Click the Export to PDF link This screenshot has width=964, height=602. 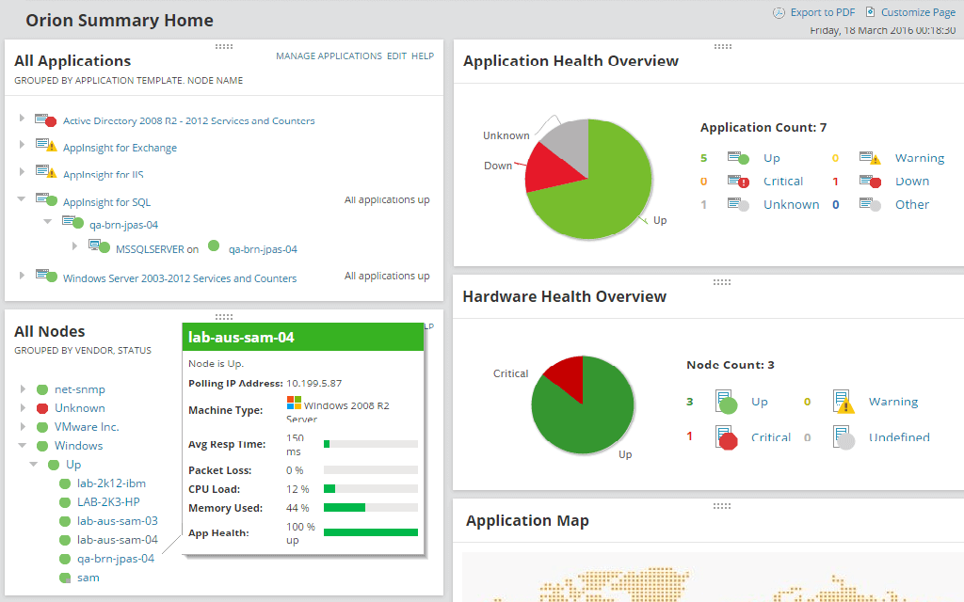coord(822,12)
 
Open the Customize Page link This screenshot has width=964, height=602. coord(917,12)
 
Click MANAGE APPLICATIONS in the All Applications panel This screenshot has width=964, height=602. coord(329,56)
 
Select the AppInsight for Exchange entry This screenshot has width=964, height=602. coord(120,148)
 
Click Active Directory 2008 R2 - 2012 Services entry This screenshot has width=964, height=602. coord(188,120)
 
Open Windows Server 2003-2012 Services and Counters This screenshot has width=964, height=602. coord(179,278)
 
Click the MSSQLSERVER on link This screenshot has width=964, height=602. coord(156,249)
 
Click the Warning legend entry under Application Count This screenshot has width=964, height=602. coord(919,158)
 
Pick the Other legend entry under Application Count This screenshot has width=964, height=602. coord(911,204)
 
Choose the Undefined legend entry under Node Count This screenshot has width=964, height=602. coord(898,437)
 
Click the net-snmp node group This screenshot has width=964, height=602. coord(79,389)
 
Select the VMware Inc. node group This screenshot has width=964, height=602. coord(87,427)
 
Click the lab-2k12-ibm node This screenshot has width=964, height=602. coord(111,483)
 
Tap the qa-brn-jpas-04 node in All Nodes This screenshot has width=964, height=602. coord(115,559)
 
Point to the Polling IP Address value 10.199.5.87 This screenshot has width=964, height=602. coord(313,384)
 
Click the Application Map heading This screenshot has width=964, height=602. coord(527,521)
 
